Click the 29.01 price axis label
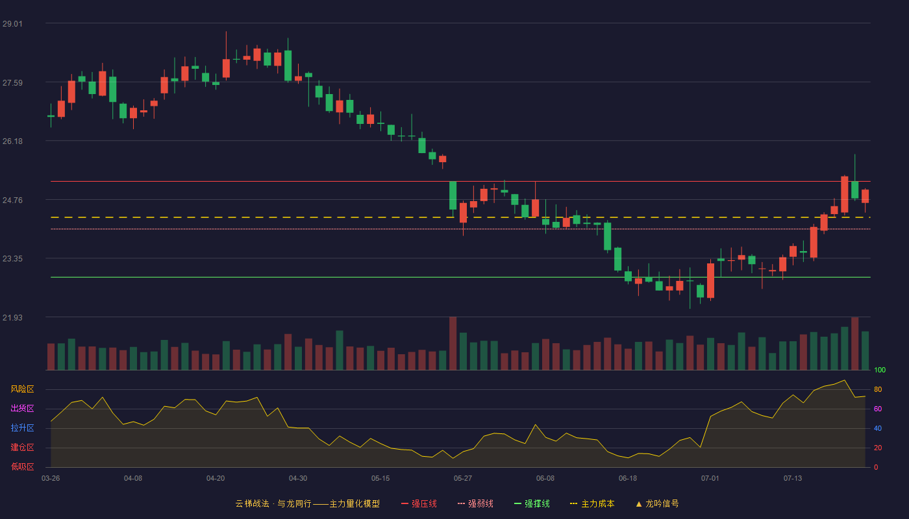12,24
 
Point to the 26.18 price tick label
12,141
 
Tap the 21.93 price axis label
12,317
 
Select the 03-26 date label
51,479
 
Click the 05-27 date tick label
463,479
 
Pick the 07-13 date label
793,479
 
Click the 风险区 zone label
22,389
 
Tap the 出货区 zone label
22,408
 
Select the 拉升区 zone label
22,428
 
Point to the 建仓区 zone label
22,447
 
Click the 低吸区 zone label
22,466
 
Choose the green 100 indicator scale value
880,370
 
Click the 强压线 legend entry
419,503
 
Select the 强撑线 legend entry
532,503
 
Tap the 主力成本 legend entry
592,503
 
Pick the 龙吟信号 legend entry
657,503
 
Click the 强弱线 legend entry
475,503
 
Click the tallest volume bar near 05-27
453,343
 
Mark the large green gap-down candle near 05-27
453,195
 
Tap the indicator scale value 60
878,409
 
